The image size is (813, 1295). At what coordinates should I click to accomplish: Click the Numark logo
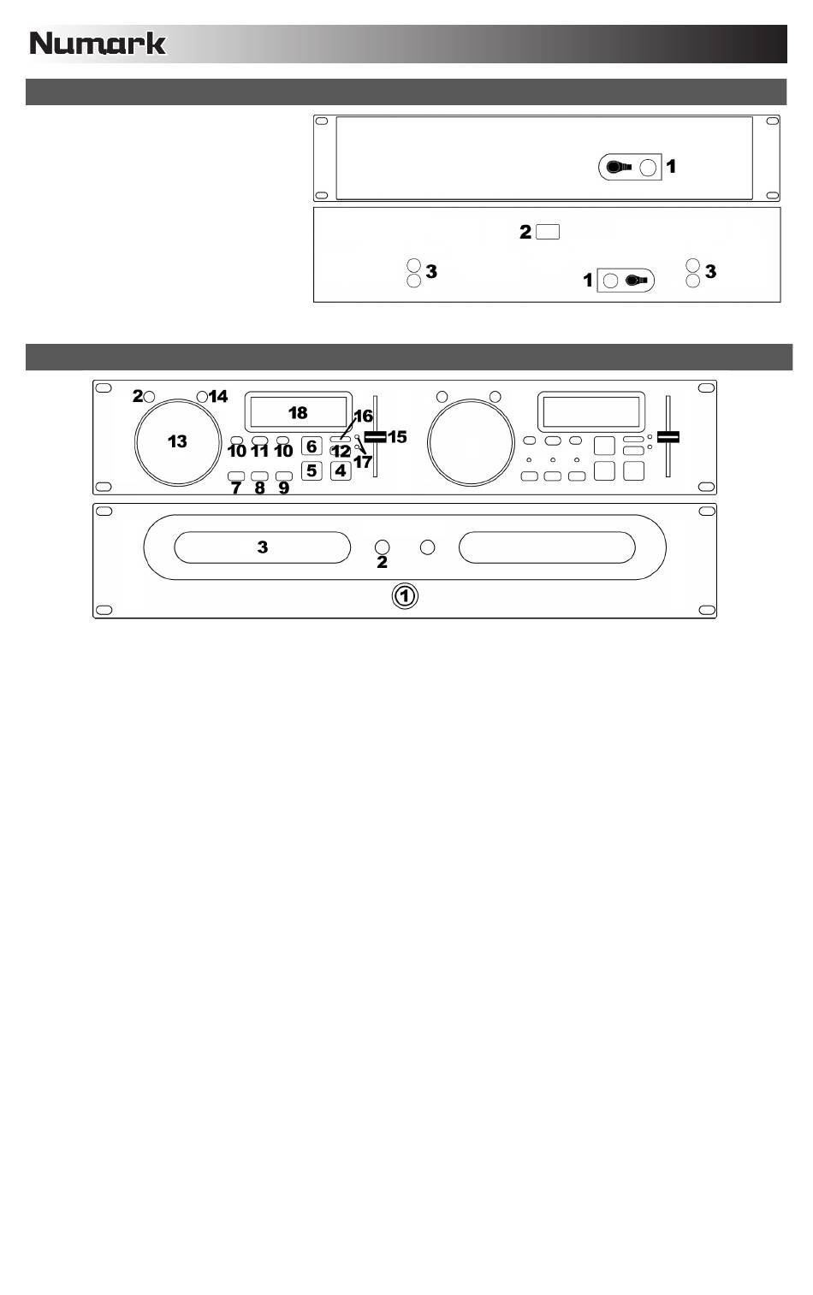[x=98, y=43]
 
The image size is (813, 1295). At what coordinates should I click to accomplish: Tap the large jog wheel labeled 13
[x=177, y=441]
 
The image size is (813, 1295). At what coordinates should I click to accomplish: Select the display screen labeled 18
[x=298, y=412]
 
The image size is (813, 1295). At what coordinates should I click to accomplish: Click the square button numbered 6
[x=312, y=446]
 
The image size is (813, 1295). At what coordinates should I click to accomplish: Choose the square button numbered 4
[x=341, y=470]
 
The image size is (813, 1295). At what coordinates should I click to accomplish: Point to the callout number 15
[x=397, y=436]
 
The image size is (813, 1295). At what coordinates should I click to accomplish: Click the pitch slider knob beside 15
[x=375, y=436]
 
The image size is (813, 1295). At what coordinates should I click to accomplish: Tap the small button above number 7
[x=236, y=476]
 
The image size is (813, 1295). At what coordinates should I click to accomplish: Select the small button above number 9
[x=284, y=476]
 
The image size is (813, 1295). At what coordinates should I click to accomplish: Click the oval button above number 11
[x=260, y=441]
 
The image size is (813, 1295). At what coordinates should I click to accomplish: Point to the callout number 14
[x=219, y=396]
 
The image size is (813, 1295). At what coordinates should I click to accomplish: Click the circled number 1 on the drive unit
[x=405, y=596]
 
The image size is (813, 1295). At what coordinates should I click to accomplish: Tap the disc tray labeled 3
[x=263, y=547]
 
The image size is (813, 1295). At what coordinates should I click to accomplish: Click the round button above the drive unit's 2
[x=383, y=547]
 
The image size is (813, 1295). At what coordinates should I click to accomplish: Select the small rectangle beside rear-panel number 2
[x=549, y=232]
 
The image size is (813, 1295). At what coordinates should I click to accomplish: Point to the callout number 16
[x=363, y=417]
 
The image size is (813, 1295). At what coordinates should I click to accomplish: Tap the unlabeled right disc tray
[x=547, y=547]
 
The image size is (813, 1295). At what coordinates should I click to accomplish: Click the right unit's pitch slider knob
[x=668, y=436]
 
